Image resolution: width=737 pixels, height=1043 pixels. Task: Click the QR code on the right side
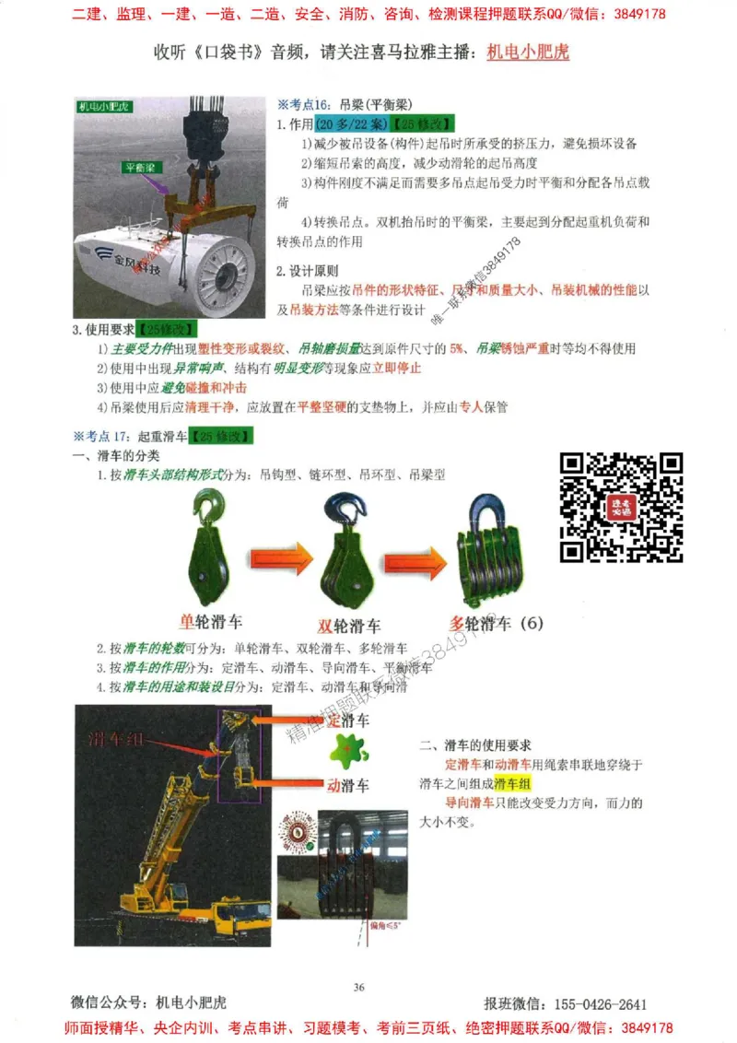pos(622,508)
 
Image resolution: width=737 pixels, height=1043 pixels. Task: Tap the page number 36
pos(358,987)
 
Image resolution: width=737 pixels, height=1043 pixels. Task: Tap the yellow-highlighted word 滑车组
pos(513,783)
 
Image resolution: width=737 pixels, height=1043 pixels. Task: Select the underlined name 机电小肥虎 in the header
pos(528,52)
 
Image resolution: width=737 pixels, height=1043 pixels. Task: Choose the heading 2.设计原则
pos(308,271)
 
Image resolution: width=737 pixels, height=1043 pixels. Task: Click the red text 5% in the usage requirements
pos(457,349)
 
